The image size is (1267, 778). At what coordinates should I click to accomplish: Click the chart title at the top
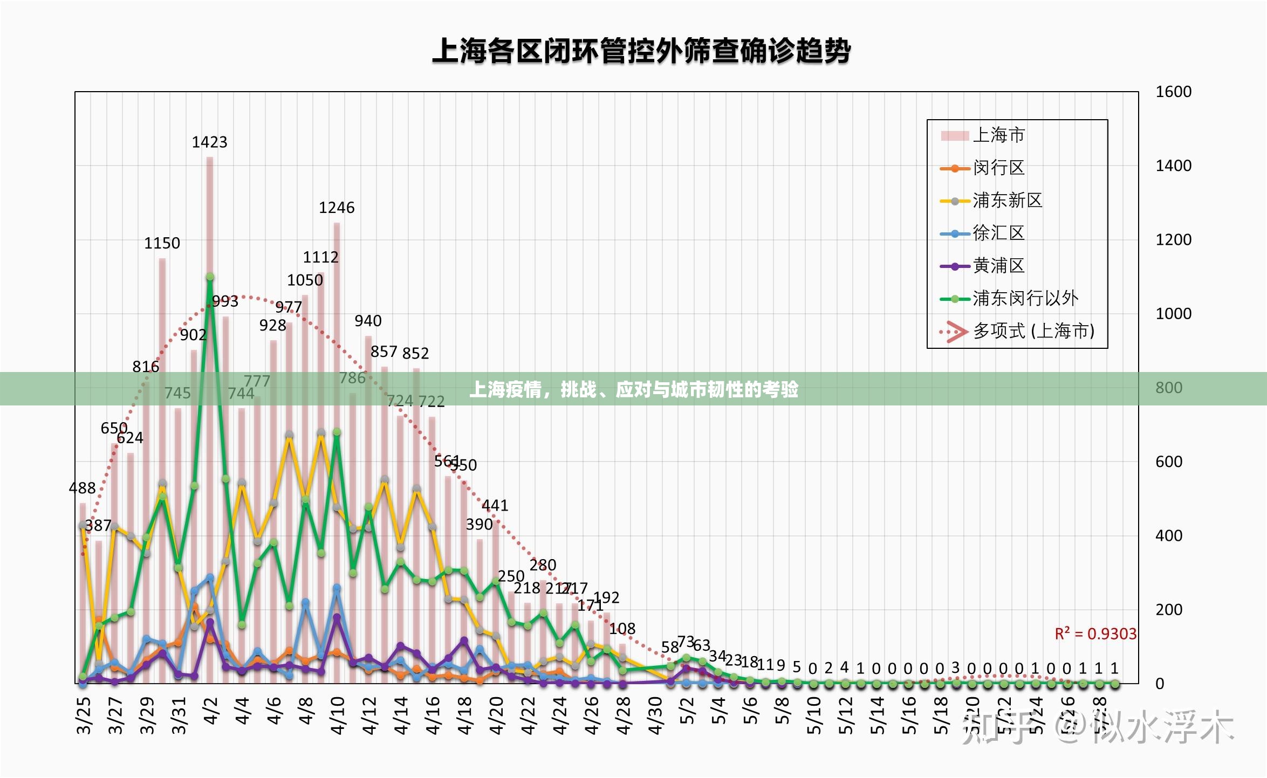click(641, 52)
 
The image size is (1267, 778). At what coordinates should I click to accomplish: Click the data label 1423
click(209, 142)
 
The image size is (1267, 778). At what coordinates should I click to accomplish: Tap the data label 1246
click(337, 208)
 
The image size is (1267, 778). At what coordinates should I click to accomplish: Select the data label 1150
click(162, 243)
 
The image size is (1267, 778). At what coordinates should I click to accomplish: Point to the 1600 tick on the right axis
click(1173, 92)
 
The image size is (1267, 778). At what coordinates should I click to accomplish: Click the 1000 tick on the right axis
click(1173, 314)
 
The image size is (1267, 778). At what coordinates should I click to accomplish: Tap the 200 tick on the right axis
click(1169, 610)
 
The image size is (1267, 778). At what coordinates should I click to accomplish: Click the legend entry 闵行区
click(998, 168)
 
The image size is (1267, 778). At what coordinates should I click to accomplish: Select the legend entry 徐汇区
click(998, 233)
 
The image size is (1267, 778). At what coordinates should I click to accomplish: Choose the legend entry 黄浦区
click(998, 265)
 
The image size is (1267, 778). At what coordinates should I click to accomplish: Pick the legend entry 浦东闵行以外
click(1025, 298)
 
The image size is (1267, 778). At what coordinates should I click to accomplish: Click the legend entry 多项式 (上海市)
click(1033, 331)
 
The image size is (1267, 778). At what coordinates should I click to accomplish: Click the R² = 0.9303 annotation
click(1095, 634)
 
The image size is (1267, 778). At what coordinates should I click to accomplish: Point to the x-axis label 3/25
click(84, 715)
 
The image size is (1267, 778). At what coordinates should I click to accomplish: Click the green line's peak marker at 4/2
click(210, 277)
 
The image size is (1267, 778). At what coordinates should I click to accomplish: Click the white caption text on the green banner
click(633, 389)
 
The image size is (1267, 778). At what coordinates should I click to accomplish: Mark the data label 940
click(368, 321)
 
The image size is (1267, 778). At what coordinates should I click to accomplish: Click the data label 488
click(82, 488)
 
